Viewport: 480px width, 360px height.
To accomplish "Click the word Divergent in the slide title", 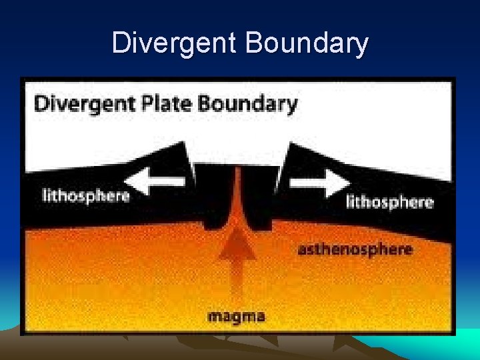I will pos(175,43).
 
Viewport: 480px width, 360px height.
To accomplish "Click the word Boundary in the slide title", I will pos(307,43).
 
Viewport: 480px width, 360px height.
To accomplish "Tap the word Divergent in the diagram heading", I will pos(73,104).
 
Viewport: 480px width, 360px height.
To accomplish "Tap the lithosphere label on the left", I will pos(85,195).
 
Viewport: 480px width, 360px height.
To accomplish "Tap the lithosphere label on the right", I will pos(389,201).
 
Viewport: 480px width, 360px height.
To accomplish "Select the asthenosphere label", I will pos(355,250).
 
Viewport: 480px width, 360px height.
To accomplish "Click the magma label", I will pos(236,315).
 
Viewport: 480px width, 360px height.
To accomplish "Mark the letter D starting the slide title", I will pos(121,43).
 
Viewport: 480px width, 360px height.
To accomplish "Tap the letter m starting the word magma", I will pos(215,316).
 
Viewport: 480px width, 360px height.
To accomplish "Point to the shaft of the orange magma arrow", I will pos(237,280).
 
